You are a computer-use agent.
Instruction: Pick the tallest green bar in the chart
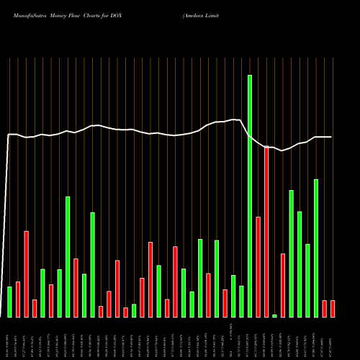(x=250, y=196)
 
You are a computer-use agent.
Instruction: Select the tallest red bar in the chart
(x=266, y=232)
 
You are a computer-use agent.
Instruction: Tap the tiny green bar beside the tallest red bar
(x=274, y=315)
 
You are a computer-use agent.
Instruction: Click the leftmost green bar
(x=9, y=302)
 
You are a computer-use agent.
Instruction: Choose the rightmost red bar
(x=333, y=308)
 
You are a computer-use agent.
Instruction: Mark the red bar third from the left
(x=26, y=274)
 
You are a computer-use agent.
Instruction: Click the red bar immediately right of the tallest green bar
(x=258, y=266)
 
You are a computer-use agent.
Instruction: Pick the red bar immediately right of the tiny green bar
(x=283, y=285)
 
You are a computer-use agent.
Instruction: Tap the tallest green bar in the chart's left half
(x=68, y=256)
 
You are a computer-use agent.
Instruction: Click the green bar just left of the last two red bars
(x=316, y=248)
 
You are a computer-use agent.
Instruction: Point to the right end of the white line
(x=332, y=137)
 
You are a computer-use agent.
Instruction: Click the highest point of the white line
(x=233, y=120)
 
